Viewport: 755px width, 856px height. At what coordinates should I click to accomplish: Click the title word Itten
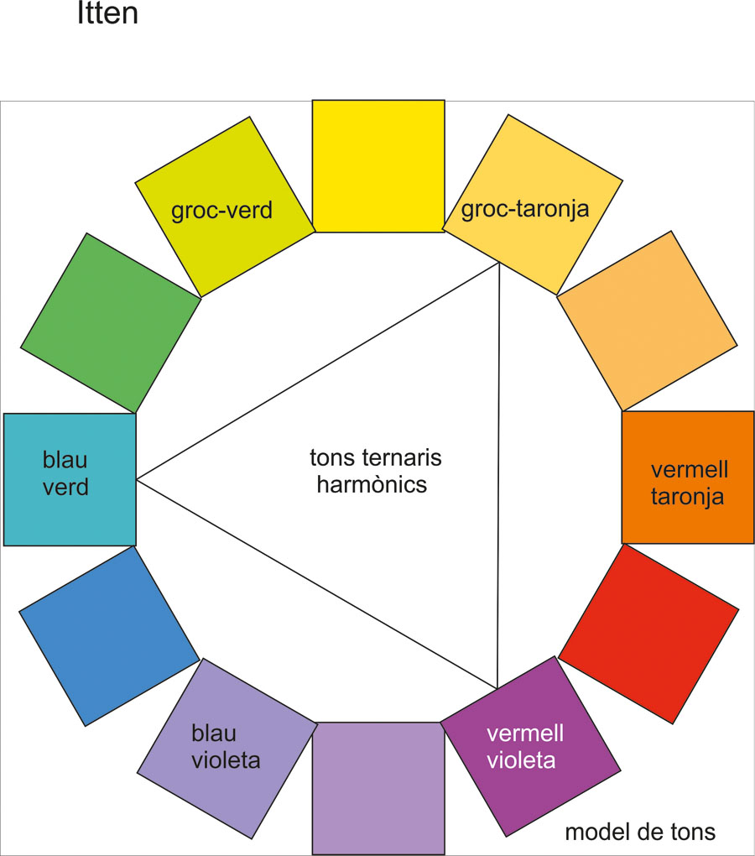pyautogui.click(x=107, y=15)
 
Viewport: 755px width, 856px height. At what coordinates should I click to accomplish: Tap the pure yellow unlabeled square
pyautogui.click(x=378, y=165)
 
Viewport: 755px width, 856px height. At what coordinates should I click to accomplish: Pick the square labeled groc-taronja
pyautogui.click(x=532, y=204)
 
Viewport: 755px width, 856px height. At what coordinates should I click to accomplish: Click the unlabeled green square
pyautogui.click(x=111, y=323)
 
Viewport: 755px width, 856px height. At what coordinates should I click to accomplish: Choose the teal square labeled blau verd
pyautogui.click(x=70, y=479)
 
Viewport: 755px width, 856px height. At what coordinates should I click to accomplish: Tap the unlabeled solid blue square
pyautogui.click(x=109, y=635)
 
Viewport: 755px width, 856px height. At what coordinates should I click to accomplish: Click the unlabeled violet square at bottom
pyautogui.click(x=377, y=787)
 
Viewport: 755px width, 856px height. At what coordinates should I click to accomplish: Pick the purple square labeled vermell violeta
pyautogui.click(x=530, y=746)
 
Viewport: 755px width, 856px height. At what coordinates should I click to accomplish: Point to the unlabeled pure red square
pyautogui.click(x=648, y=634)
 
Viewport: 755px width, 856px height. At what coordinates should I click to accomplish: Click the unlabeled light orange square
pyautogui.click(x=647, y=321)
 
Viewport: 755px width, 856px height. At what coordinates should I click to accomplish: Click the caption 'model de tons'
pyautogui.click(x=640, y=832)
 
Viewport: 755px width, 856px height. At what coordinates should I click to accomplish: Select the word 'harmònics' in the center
pyautogui.click(x=372, y=484)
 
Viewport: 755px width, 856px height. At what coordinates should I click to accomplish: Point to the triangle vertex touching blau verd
pyautogui.click(x=137, y=480)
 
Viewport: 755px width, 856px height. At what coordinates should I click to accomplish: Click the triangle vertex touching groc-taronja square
pyautogui.click(x=500, y=264)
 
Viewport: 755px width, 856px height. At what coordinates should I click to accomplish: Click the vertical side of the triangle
pyautogui.click(x=499, y=478)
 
